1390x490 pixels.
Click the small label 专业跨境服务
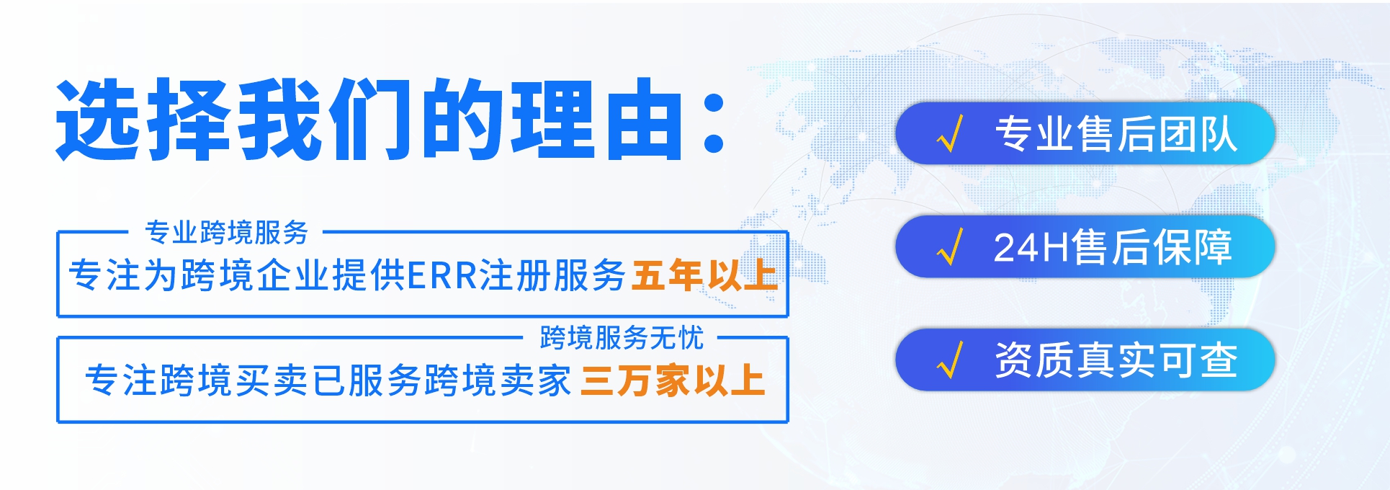pos(226,232)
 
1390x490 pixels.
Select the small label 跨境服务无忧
pos(621,337)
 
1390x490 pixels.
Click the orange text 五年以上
pos(704,275)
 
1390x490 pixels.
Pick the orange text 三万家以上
pos(672,380)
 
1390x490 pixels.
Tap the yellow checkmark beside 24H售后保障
pos(950,247)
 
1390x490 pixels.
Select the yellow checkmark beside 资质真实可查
pos(950,360)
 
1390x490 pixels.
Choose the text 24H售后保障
pos(1113,247)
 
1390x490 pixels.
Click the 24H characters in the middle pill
pos(1031,247)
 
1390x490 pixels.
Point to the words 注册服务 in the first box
pos(552,275)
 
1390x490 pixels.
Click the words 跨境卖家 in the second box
pos(498,380)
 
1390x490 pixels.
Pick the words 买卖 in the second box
pos(272,380)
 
